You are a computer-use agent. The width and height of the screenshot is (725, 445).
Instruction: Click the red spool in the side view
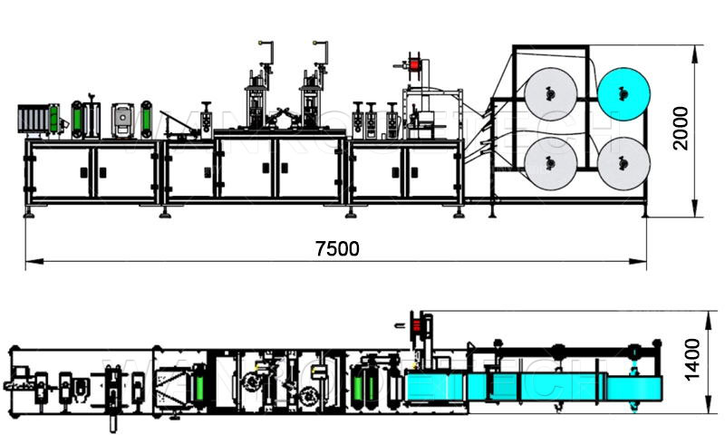[x=417, y=66]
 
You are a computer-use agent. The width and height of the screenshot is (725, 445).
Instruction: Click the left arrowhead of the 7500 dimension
[x=30, y=262]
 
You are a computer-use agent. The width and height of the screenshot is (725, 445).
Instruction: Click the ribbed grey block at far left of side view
[x=32, y=121]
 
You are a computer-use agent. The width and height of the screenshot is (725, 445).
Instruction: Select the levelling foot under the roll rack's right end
[x=645, y=214]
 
